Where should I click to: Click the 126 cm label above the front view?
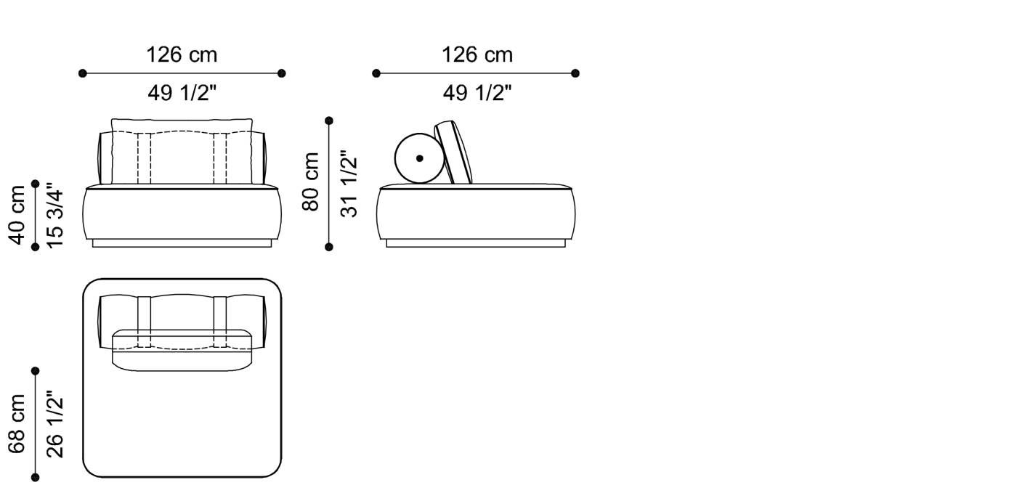(x=182, y=55)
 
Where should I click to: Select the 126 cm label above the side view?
(x=477, y=55)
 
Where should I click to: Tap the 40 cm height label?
(x=17, y=214)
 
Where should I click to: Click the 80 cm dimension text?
(x=311, y=182)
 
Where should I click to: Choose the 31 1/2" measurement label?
(x=349, y=184)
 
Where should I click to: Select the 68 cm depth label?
(x=17, y=423)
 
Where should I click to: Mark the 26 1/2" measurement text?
(x=55, y=425)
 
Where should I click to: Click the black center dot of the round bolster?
(x=420, y=158)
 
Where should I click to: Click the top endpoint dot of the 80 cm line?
(x=329, y=121)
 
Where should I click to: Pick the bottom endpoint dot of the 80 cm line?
(x=329, y=247)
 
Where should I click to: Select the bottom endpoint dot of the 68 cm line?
(x=35, y=477)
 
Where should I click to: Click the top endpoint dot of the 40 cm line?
(x=35, y=184)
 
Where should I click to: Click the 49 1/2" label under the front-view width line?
(x=182, y=93)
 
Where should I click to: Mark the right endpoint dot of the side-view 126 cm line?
(x=575, y=73)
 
